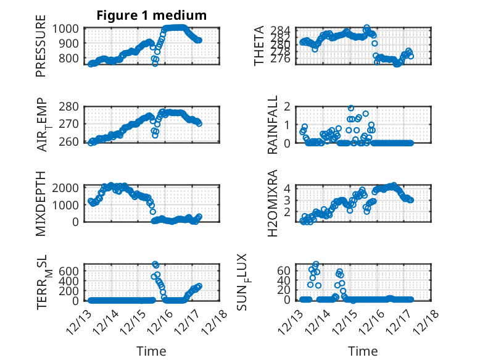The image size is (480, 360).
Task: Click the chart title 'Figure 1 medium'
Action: [x=151, y=15]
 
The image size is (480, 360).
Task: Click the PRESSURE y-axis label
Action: [x=41, y=50]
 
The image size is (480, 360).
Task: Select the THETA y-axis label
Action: [x=260, y=46]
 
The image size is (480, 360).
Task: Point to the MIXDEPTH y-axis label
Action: [x=41, y=203]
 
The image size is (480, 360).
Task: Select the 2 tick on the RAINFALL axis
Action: [x=287, y=106]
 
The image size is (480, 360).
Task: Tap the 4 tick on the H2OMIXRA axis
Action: [x=287, y=187]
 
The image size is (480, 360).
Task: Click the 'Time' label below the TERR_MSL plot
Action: [x=151, y=351]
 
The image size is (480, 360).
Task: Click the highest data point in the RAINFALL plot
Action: [x=351, y=108]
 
